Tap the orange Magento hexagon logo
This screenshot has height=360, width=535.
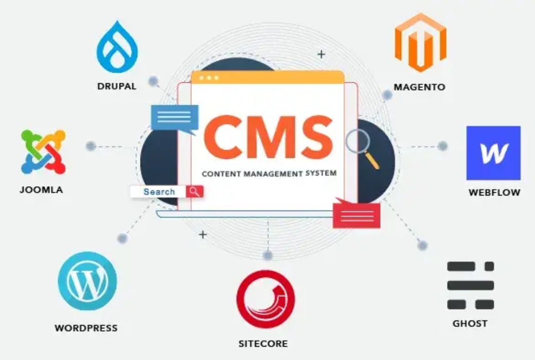[x=420, y=43]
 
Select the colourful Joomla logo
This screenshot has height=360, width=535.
[x=43, y=152]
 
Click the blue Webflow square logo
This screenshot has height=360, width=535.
[x=493, y=153]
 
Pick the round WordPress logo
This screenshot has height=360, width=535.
[x=87, y=281]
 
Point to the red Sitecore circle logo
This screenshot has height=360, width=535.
[x=266, y=299]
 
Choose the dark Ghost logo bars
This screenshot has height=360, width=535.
[x=471, y=285]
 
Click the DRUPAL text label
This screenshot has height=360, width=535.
[x=117, y=86]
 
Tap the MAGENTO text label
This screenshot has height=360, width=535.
[x=419, y=87]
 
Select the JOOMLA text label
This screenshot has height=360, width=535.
[x=41, y=190]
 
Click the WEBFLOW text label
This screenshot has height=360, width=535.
[x=494, y=192]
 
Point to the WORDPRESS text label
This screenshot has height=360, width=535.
[x=86, y=328]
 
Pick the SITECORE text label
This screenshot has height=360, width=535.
[x=263, y=344]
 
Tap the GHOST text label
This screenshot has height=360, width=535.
[x=470, y=323]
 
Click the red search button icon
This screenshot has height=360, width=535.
[x=195, y=191]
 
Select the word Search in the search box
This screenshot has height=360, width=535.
[x=159, y=192]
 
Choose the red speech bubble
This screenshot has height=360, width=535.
[x=356, y=213]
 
